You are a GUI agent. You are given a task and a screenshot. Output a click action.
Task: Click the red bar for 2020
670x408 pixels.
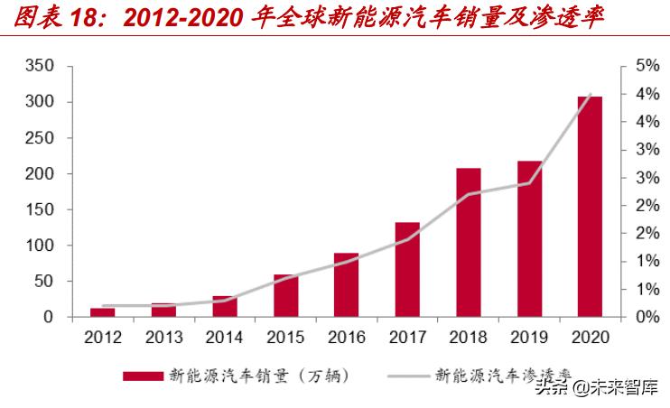click(x=590, y=207)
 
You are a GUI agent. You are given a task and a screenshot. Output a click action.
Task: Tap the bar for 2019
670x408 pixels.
click(x=529, y=238)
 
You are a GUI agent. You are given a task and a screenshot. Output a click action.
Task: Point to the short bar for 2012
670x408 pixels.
click(x=103, y=311)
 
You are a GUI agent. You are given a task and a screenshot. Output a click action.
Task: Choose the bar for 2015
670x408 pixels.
click(x=285, y=295)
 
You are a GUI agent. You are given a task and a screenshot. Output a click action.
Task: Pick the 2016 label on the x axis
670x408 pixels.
click(x=346, y=338)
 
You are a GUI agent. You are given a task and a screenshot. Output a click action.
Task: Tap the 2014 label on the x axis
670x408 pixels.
click(x=225, y=338)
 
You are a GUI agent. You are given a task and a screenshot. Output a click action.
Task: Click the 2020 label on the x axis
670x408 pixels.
click(x=590, y=338)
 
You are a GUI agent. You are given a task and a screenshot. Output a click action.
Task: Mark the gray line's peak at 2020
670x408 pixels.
click(x=590, y=95)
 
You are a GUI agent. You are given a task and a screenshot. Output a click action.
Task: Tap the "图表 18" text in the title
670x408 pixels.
click(x=49, y=17)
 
